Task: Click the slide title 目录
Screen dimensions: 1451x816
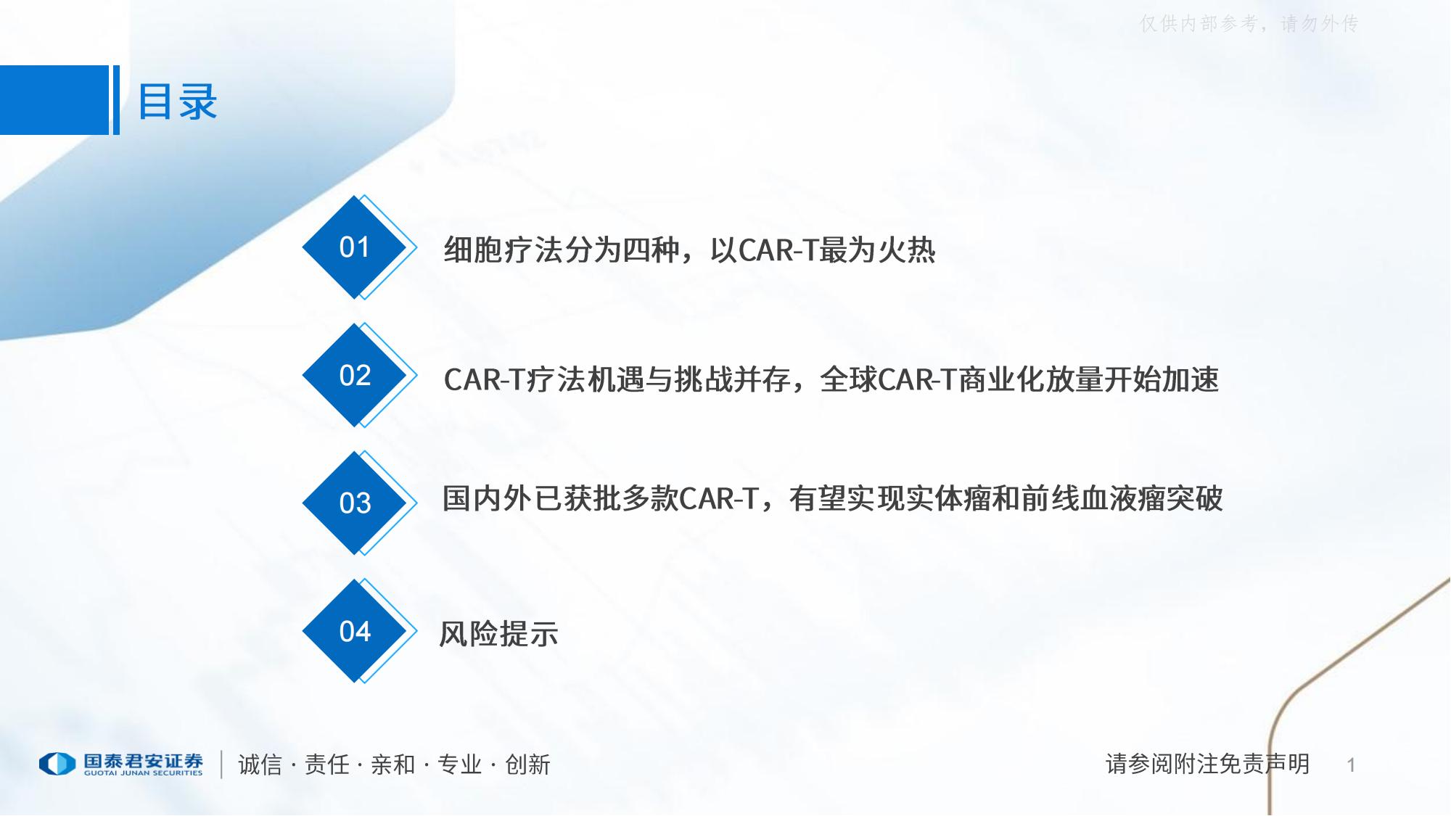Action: click(x=178, y=102)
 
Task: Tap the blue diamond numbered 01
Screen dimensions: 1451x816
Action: click(x=355, y=247)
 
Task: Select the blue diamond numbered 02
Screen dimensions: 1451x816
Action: click(x=355, y=375)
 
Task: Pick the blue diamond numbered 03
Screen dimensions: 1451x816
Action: click(x=355, y=503)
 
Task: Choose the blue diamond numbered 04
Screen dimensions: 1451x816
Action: click(x=355, y=631)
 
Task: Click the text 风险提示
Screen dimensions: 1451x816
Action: click(x=498, y=634)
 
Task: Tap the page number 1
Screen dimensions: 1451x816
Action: click(x=1351, y=765)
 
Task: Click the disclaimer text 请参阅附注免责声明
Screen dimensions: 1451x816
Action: click(x=1207, y=764)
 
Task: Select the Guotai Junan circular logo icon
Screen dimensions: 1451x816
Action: click(x=57, y=764)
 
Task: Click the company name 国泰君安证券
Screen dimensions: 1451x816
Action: click(x=143, y=761)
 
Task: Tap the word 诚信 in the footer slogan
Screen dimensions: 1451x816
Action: click(x=260, y=765)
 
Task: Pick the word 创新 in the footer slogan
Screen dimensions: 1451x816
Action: click(x=527, y=765)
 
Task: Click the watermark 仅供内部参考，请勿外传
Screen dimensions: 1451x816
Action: click(x=1249, y=24)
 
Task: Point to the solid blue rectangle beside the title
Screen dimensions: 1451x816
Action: click(x=54, y=100)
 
